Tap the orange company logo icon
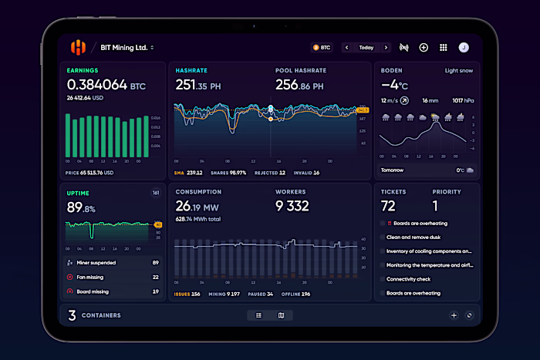[x=78, y=48]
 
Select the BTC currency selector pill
[x=322, y=48]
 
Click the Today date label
[x=366, y=48]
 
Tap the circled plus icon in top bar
[x=424, y=48]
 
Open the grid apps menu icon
[x=444, y=48]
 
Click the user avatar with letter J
[x=464, y=48]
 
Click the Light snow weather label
[x=459, y=70]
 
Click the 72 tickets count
[x=388, y=206]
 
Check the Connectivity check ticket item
[x=409, y=279]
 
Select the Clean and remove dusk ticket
[x=413, y=237]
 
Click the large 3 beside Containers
[x=72, y=315]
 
